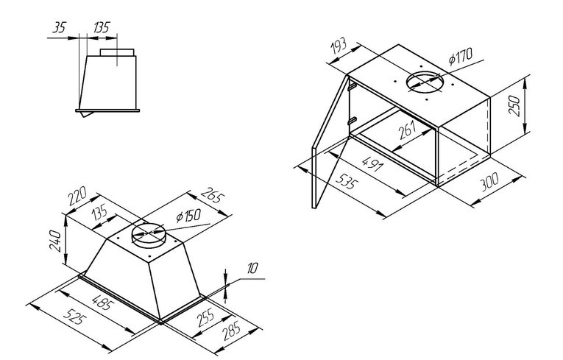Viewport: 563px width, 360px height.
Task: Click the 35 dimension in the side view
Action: [60, 27]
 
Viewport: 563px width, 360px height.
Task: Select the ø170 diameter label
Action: [460, 57]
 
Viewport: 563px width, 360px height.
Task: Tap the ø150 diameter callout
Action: [188, 216]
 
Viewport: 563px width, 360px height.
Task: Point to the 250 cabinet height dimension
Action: [514, 105]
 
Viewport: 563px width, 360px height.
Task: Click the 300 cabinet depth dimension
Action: [489, 182]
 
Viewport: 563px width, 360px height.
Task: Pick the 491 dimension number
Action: [372, 163]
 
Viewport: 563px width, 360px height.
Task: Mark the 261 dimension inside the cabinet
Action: [408, 130]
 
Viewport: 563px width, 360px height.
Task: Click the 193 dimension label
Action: [339, 46]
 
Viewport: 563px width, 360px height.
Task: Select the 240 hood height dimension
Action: [55, 241]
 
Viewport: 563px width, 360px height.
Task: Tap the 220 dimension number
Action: [77, 196]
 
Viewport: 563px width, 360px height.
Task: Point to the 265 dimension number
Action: [213, 195]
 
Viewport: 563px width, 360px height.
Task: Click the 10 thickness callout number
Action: [252, 268]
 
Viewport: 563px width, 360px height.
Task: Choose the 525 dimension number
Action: [74, 317]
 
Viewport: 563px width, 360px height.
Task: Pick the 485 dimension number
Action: [103, 303]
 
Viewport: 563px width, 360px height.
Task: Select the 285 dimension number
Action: [231, 331]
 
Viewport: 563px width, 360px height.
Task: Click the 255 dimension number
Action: [205, 317]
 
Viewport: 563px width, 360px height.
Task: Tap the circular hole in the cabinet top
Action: [423, 82]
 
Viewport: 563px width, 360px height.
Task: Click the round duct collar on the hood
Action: [148, 233]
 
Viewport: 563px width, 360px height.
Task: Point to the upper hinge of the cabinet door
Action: [352, 86]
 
